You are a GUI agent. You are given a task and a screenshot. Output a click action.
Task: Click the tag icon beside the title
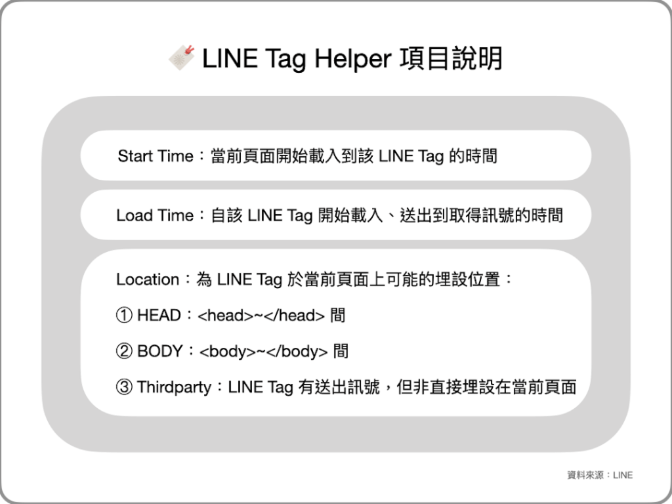[182, 58]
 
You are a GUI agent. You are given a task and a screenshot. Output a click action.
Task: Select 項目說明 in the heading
[451, 59]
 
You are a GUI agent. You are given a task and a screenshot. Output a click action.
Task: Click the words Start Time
[156, 156]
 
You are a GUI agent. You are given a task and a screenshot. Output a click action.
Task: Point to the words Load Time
[155, 215]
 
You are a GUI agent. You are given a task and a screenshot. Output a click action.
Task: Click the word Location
[148, 280]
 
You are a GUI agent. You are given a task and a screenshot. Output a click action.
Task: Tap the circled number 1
[123, 316]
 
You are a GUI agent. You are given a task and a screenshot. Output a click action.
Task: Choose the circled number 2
[123, 351]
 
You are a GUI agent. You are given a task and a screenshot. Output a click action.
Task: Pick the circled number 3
[123, 387]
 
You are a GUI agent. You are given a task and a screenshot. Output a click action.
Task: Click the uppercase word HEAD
[159, 316]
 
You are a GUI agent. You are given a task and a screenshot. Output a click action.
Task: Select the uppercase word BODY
[159, 351]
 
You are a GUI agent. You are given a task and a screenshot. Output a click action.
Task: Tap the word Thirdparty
[174, 387]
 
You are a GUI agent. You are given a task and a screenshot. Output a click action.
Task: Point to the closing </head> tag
[295, 316]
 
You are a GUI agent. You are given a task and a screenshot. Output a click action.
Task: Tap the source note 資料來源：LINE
[600, 474]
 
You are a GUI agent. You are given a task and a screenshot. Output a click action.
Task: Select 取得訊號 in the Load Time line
[478, 215]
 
